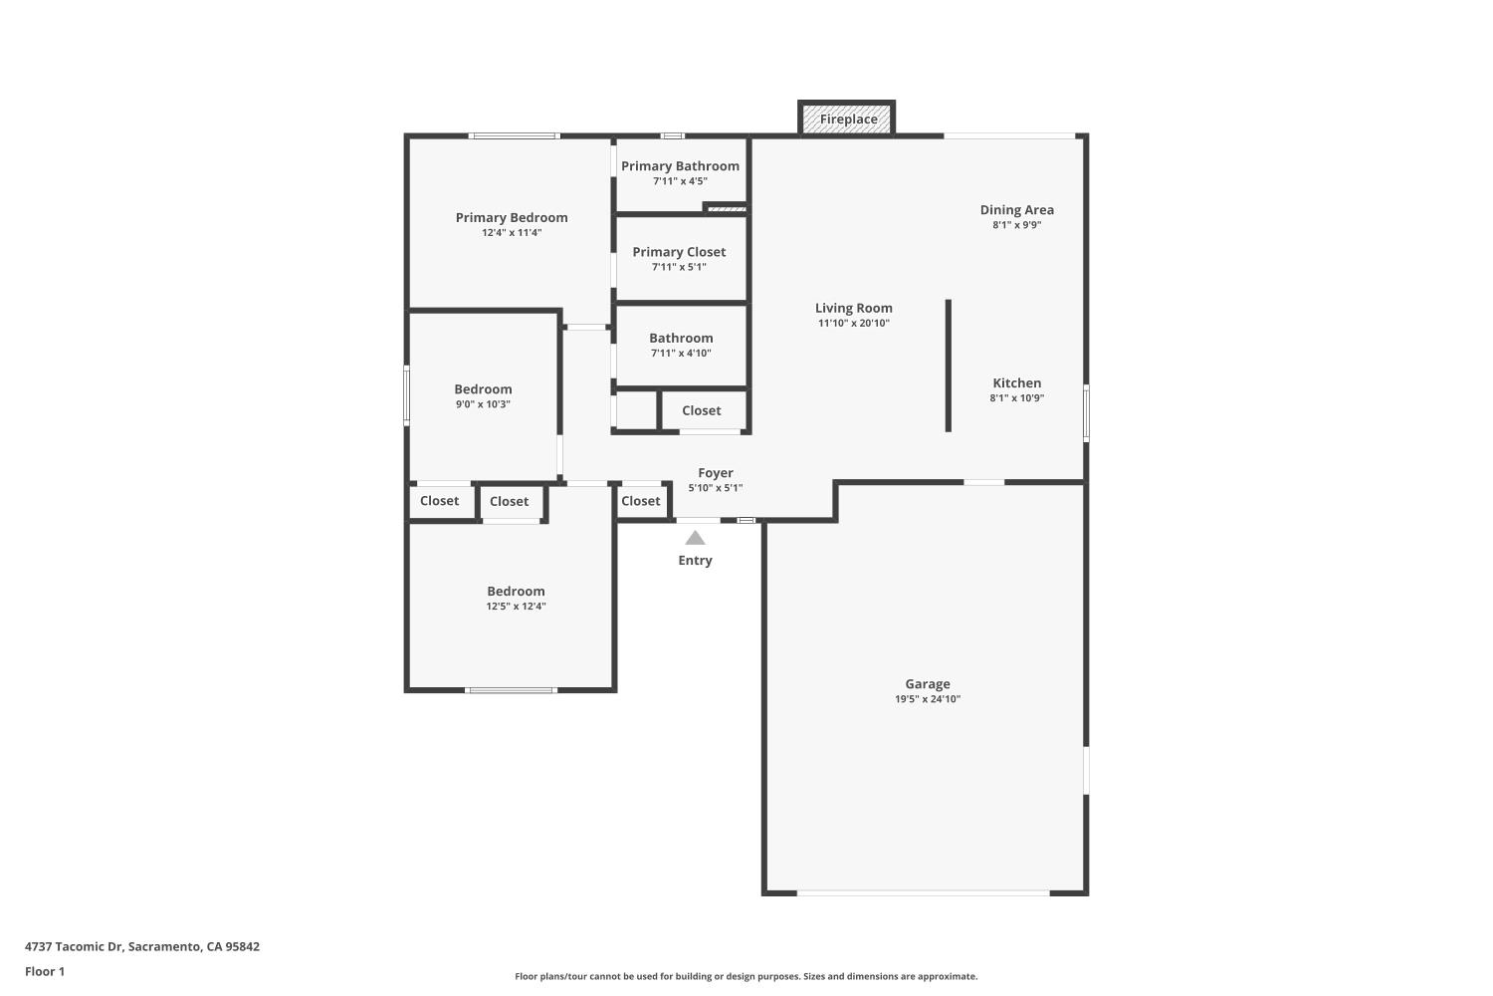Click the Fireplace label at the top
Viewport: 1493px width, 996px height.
pyautogui.click(x=848, y=120)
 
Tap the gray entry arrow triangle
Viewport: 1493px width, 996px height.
pyautogui.click(x=695, y=538)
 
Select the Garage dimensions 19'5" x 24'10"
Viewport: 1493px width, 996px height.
pyautogui.click(x=928, y=699)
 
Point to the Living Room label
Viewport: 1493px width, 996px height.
pyautogui.click(x=854, y=308)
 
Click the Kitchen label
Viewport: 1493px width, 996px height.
pyautogui.click(x=1017, y=382)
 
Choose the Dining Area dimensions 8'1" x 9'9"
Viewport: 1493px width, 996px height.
pyautogui.click(x=1017, y=225)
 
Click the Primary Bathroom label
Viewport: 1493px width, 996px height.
pyautogui.click(x=681, y=166)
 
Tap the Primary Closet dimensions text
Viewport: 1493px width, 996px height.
pyautogui.click(x=679, y=267)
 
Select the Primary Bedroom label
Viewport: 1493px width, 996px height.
pyautogui.click(x=512, y=217)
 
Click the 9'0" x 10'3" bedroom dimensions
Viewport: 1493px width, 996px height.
pyautogui.click(x=483, y=404)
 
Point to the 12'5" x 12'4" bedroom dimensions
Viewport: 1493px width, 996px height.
pyautogui.click(x=516, y=607)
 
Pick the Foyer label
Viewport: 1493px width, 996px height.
pyautogui.click(x=716, y=473)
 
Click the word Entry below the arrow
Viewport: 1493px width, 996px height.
pyautogui.click(x=695, y=561)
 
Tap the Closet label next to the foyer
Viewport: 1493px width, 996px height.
pyautogui.click(x=641, y=501)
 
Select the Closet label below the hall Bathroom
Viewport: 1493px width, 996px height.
pyautogui.click(x=701, y=411)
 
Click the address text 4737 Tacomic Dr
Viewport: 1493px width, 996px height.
pyautogui.click(x=74, y=946)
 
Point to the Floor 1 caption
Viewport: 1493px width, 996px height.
pyautogui.click(x=45, y=972)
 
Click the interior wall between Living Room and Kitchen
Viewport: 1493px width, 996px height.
pyautogui.click(x=949, y=366)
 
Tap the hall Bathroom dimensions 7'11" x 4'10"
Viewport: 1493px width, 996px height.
pyautogui.click(x=681, y=353)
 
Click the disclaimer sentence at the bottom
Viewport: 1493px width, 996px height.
pyautogui.click(x=746, y=977)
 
